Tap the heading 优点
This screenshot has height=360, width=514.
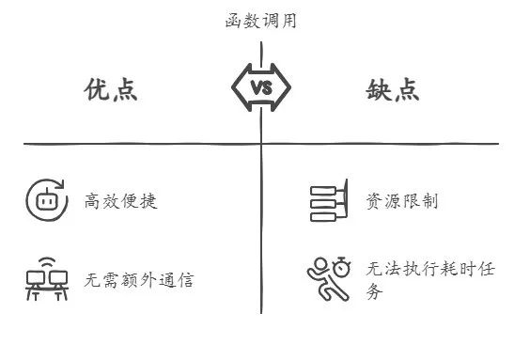pyautogui.click(x=111, y=89)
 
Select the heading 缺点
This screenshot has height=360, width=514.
pyautogui.click(x=392, y=89)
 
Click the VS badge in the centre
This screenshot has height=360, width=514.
pyautogui.click(x=260, y=88)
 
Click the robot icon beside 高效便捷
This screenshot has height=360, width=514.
pyautogui.click(x=44, y=199)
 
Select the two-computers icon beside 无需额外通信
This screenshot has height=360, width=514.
pyautogui.click(x=47, y=279)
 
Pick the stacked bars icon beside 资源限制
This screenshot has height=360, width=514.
pyautogui.click(x=330, y=200)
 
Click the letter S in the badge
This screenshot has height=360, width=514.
pyautogui.click(x=267, y=88)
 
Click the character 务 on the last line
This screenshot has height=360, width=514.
pyautogui.click(x=375, y=292)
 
